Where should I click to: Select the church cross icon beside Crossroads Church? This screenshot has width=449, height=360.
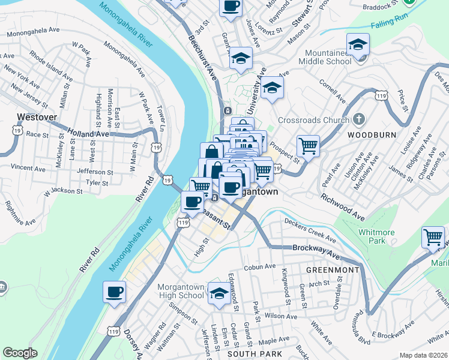(358, 118)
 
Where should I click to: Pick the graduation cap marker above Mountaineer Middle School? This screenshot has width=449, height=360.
(358, 44)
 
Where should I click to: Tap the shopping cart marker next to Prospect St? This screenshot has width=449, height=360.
(308, 146)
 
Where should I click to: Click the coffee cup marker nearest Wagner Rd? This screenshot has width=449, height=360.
(114, 292)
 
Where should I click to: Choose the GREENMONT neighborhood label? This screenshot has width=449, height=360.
(332, 271)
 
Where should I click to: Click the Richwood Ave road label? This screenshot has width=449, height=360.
(342, 206)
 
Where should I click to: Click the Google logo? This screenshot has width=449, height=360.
(20, 352)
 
